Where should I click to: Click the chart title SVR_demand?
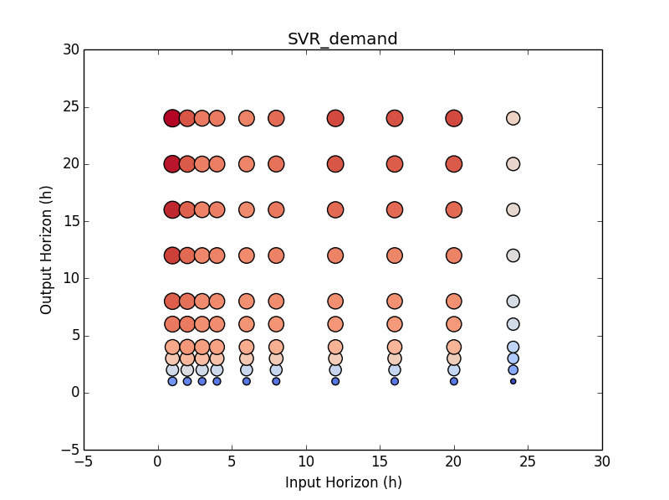pyautogui.click(x=342, y=39)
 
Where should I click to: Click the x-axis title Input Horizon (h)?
pyautogui.click(x=343, y=482)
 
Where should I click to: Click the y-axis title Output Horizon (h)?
pyautogui.click(x=47, y=250)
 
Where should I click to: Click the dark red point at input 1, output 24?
pyautogui.click(x=172, y=118)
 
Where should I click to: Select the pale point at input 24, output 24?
pyautogui.click(x=513, y=118)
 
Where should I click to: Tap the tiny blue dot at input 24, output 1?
pyautogui.click(x=513, y=381)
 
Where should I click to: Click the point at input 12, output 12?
pyautogui.click(x=335, y=255)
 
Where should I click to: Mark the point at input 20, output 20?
pyautogui.click(x=453, y=164)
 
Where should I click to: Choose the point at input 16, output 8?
pyautogui.click(x=395, y=301)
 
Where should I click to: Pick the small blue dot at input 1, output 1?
pyautogui.click(x=172, y=381)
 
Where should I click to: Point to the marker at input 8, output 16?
pyautogui.click(x=276, y=209)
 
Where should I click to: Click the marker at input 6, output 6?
pyautogui.click(x=247, y=324)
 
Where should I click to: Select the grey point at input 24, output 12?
pyautogui.click(x=513, y=255)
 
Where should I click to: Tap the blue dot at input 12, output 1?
pyautogui.click(x=335, y=381)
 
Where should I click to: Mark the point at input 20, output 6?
pyautogui.click(x=453, y=324)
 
